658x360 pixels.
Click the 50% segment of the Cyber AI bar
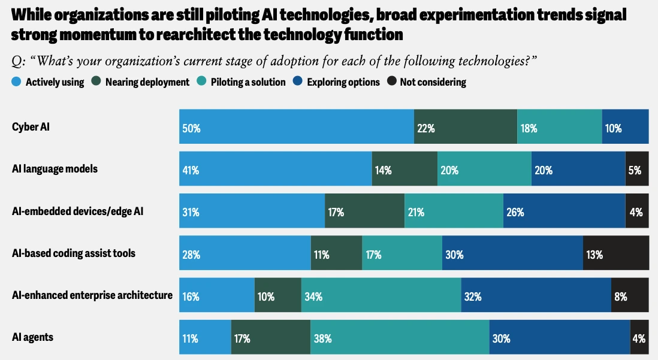(297, 127)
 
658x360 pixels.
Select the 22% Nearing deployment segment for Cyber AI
(466, 127)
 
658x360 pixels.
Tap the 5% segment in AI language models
(637, 169)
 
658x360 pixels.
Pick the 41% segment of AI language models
(276, 169)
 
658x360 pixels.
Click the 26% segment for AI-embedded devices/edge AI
(564, 211)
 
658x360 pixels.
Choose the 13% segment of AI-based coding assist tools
(615, 253)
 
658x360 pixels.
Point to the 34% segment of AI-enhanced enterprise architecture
(381, 295)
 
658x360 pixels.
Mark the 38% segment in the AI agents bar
(400, 337)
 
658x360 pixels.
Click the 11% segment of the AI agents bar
(205, 337)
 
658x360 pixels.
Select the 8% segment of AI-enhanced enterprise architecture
(630, 295)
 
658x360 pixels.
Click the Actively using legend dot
(16, 81)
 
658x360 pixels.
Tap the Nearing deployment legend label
(147, 82)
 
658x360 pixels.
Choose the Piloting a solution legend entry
(248, 82)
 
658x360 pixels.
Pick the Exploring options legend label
(343, 82)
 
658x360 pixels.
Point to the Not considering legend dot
(393, 81)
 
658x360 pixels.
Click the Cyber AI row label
(30, 127)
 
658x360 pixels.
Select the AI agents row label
(32, 337)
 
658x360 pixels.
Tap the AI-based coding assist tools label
(74, 253)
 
